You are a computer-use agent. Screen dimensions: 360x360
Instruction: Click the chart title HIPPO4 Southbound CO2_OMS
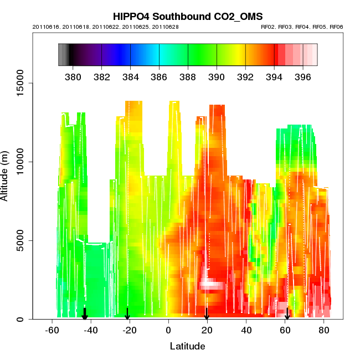[187, 16]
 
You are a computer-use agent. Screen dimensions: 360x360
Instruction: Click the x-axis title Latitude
[187, 346]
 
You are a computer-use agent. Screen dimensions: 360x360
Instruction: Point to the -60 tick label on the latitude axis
[52, 330]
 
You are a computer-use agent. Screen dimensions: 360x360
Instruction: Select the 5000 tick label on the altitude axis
[24, 240]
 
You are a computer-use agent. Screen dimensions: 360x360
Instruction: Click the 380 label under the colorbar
[73, 76]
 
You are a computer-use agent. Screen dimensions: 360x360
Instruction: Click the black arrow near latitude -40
[85, 314]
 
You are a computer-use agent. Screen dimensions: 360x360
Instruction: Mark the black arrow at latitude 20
[207, 314]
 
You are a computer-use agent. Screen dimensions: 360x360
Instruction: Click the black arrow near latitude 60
[287, 314]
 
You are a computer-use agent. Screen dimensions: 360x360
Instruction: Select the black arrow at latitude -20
[127, 314]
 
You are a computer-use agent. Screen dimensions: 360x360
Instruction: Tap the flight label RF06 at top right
[336, 27]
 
